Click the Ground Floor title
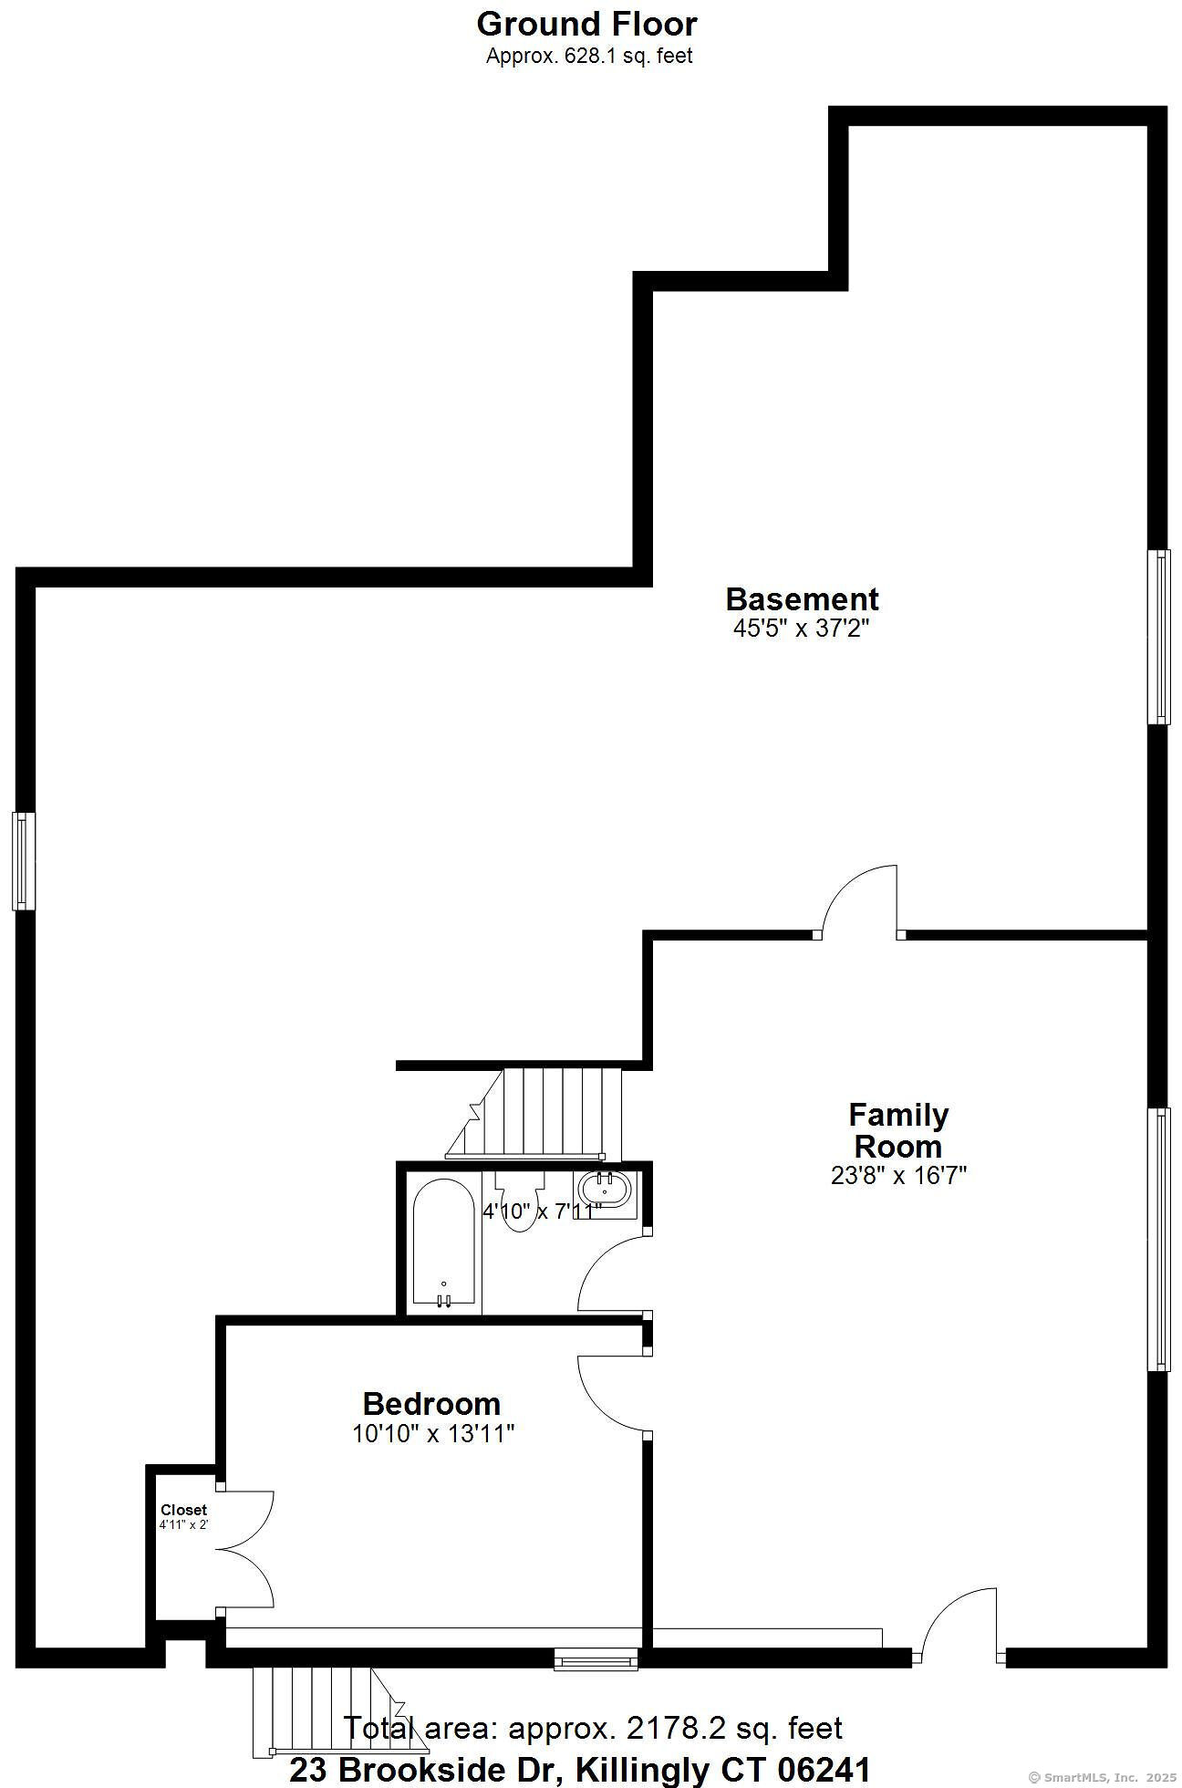586,24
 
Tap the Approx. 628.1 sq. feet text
589,56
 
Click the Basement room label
802,599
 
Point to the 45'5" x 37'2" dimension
802,629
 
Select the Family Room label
898,1130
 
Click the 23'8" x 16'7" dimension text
898,1175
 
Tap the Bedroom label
431,1403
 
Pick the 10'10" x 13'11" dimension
433,1434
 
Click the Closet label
183,1510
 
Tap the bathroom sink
604,1190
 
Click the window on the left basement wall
23,861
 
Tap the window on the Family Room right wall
1158,1239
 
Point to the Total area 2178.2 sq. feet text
593,1728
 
